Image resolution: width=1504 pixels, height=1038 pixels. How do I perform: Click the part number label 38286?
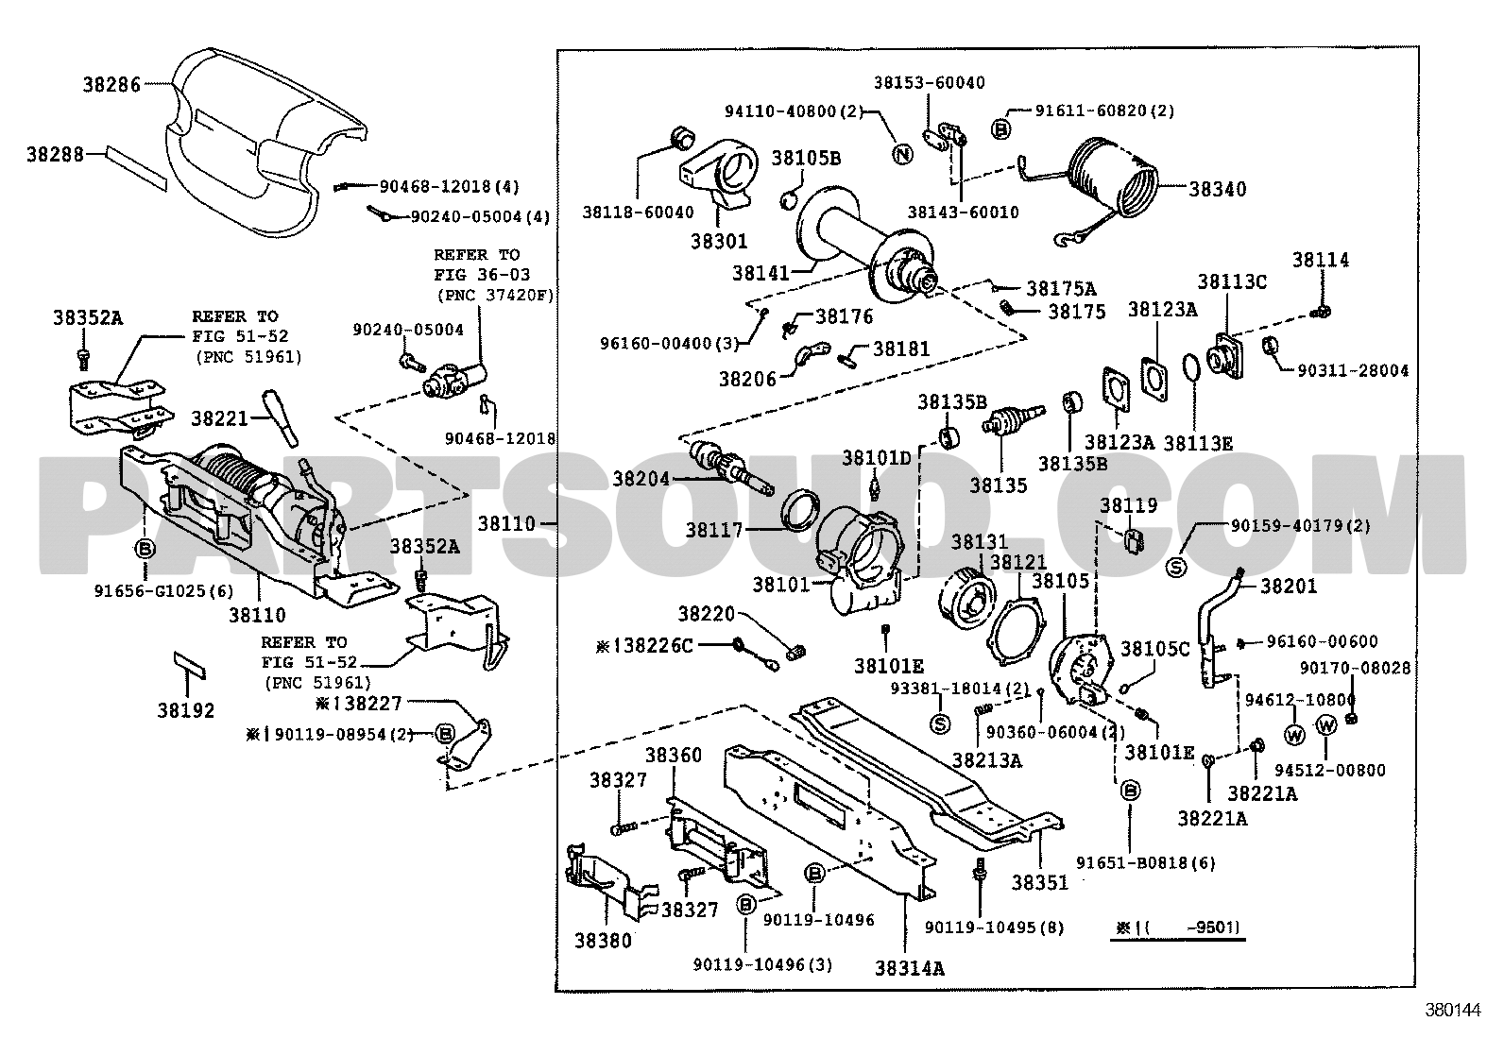109,84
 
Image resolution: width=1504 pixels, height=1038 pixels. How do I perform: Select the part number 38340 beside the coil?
1217,189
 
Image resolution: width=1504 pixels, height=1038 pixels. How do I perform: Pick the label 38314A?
910,968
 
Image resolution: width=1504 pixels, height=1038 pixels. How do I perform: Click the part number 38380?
602,941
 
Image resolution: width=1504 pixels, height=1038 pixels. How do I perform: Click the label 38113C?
1232,281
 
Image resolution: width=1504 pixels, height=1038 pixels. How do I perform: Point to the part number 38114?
1321,260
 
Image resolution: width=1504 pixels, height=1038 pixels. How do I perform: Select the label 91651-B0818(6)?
1145,862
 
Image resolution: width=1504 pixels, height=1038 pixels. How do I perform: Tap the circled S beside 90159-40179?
1176,567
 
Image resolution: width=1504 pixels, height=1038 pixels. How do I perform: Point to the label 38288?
54,153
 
